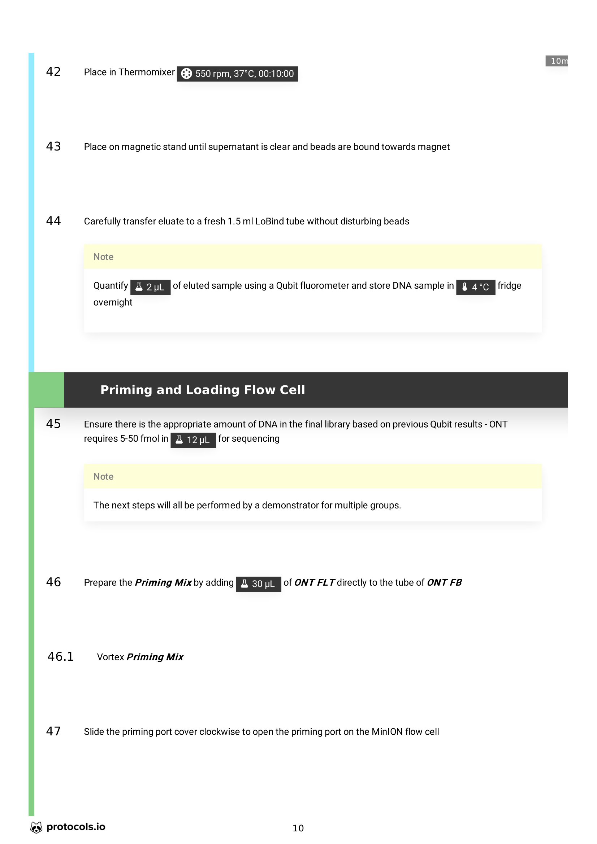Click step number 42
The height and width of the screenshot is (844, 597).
coord(53,72)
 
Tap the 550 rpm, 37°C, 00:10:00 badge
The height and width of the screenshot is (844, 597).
coord(237,74)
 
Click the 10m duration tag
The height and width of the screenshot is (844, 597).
coord(557,61)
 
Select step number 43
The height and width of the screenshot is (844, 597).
coord(53,147)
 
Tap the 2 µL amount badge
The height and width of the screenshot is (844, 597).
coord(150,287)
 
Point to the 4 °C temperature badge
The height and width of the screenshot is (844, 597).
coord(475,287)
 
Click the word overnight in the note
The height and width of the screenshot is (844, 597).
coord(113,302)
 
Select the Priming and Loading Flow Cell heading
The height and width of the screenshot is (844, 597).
coord(202,390)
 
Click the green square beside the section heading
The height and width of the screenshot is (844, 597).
coord(46,390)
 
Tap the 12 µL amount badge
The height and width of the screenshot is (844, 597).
coord(193,440)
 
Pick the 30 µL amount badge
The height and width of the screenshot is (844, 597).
coord(258,584)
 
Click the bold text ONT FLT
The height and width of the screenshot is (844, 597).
coord(314,583)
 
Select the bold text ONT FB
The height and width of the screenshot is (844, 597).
coord(444,583)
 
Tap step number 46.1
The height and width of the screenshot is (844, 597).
coord(61,657)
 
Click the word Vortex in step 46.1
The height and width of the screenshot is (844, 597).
coord(111,657)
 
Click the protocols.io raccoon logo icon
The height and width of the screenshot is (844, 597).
coord(36,827)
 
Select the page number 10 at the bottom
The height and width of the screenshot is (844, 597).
coord(298,828)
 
